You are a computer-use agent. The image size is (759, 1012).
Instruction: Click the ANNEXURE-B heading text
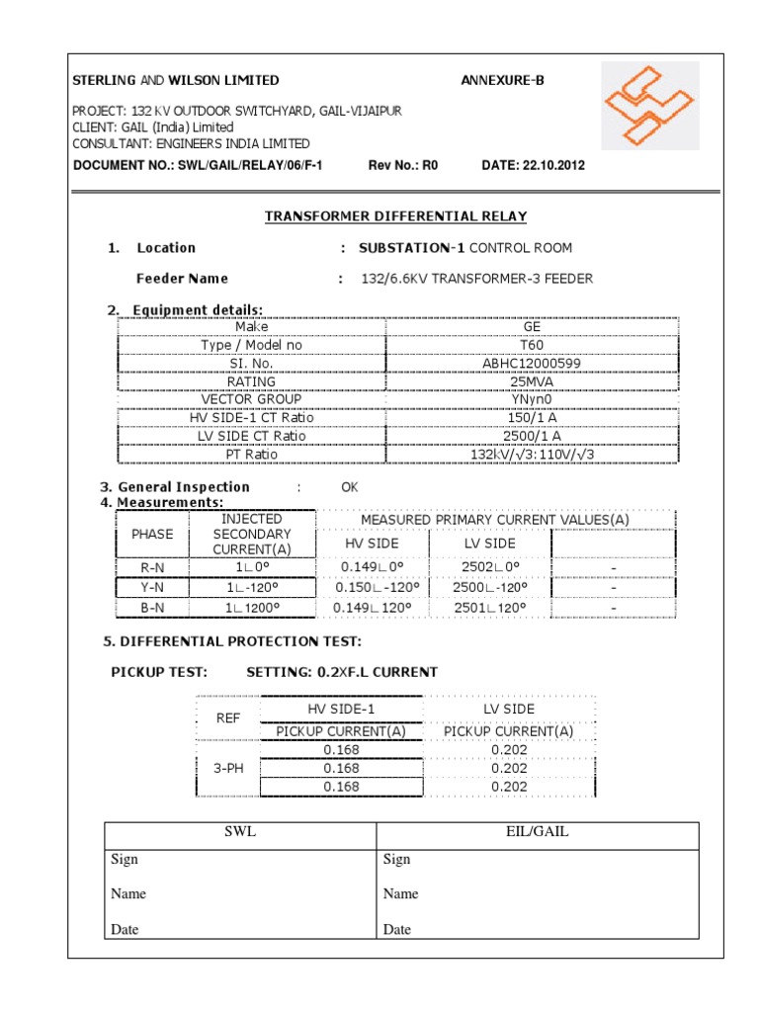502,80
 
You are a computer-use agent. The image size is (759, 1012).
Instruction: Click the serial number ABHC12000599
532,364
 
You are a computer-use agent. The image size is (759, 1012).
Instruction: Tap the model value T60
532,345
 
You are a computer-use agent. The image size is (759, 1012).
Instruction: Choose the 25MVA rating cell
532,381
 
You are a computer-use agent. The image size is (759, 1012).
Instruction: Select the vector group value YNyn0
532,399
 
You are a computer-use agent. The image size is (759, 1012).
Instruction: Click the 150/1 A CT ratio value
532,418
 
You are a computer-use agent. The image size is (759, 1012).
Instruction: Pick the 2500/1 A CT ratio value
532,436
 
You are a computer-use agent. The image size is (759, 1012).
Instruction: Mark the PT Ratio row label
251,455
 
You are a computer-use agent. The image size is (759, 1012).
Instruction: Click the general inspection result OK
350,487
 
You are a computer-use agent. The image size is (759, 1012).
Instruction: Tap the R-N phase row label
152,567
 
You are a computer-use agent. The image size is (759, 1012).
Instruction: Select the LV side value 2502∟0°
490,567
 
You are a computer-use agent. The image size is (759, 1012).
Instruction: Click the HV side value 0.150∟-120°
372,587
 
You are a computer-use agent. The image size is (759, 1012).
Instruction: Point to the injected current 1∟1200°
252,608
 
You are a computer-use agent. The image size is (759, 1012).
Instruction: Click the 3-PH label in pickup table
228,767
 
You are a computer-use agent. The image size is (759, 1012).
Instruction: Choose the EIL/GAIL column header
537,832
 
